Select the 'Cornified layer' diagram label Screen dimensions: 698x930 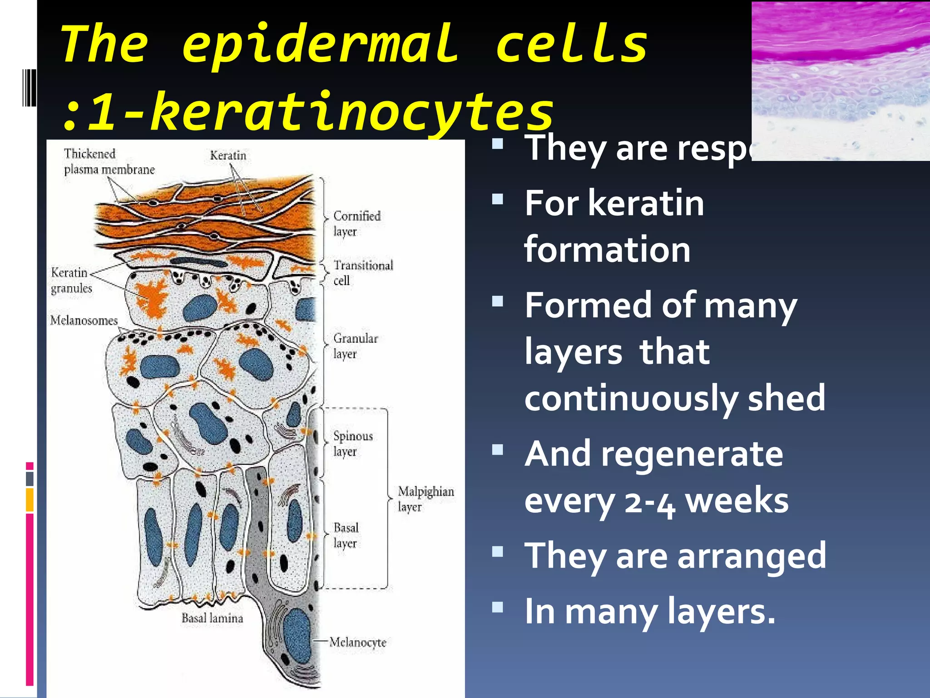tap(356, 224)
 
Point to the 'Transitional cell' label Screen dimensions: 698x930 tap(363, 272)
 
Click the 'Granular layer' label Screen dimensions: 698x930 tap(355, 346)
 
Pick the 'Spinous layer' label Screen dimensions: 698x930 tap(352, 444)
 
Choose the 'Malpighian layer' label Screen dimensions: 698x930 tap(425, 499)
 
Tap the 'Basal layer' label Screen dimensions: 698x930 tap(346, 535)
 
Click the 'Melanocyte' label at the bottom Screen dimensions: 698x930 tap(358, 642)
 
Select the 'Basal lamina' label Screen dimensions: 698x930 tap(212, 618)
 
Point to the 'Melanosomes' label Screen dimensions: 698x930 tap(84, 321)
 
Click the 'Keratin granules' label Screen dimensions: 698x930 tap(71, 280)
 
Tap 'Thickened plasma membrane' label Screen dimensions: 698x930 tap(109, 162)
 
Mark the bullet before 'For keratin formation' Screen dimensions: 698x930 tap(498, 199)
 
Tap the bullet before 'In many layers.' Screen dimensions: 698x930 tap(498, 607)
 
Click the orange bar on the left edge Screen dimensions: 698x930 tap(30, 499)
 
